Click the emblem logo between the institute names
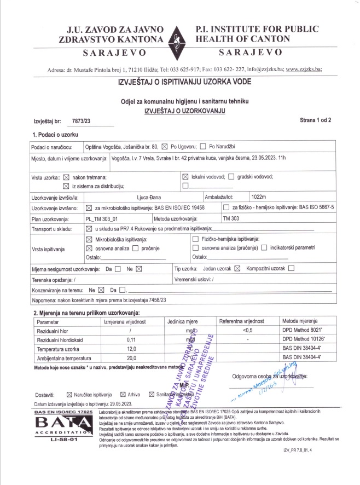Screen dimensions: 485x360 pyautogui.click(x=179, y=40)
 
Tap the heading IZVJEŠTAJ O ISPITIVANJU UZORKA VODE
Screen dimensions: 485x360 pyautogui.click(x=184, y=83)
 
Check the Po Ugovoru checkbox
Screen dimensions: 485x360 pyautogui.click(x=165, y=147)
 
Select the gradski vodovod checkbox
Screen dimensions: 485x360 pyautogui.click(x=230, y=176)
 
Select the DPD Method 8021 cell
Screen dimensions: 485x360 pyautogui.click(x=303, y=331)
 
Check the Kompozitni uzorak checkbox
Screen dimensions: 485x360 pyautogui.click(x=291, y=268)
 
